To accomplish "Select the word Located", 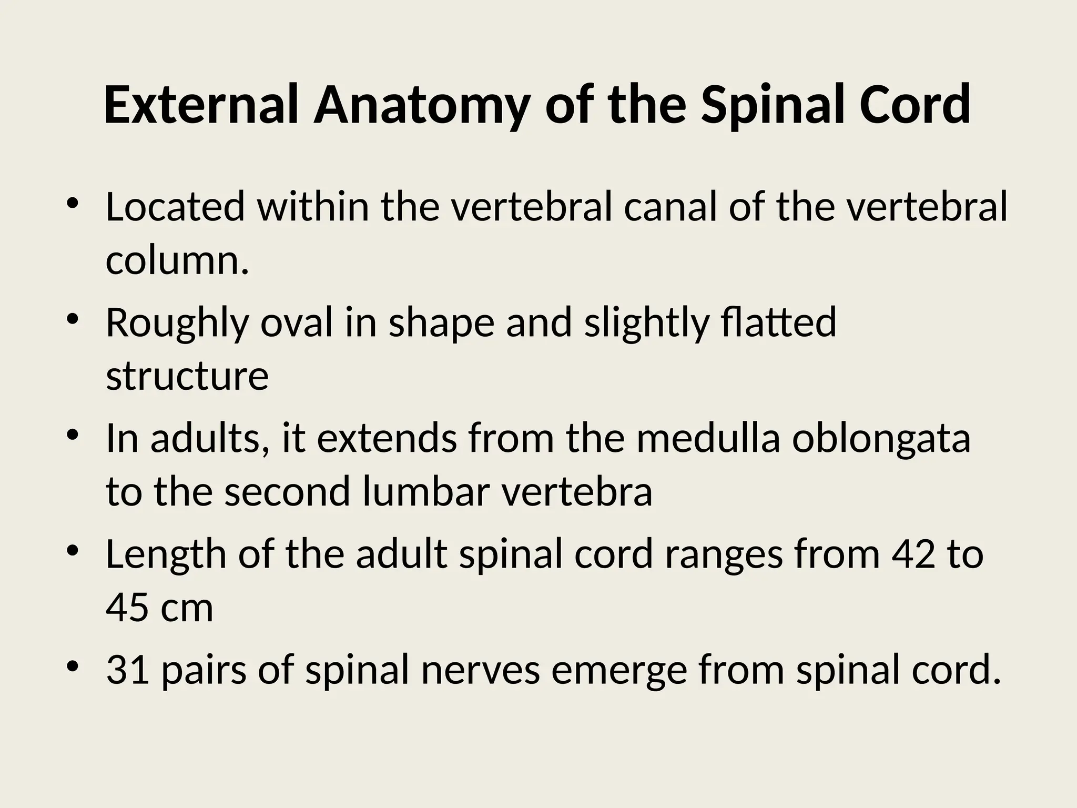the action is coord(175,207).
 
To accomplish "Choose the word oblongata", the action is coord(881,440).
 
